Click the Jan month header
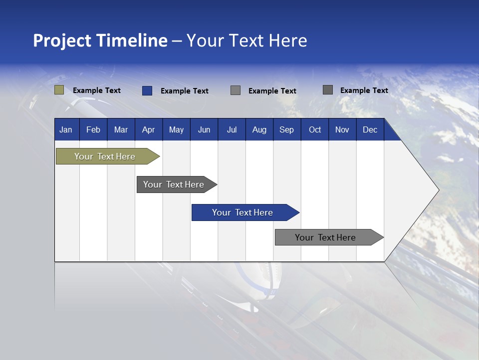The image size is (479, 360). click(x=66, y=130)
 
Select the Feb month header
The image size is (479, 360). click(x=93, y=130)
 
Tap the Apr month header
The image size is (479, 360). click(x=149, y=130)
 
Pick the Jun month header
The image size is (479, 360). click(x=204, y=130)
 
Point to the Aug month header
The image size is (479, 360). click(x=259, y=130)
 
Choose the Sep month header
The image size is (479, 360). click(x=287, y=130)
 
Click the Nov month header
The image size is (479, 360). click(x=342, y=130)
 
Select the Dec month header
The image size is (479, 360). click(x=370, y=130)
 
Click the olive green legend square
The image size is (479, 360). click(x=59, y=90)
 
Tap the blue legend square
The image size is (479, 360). click(x=147, y=90)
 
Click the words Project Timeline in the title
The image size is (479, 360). click(x=100, y=40)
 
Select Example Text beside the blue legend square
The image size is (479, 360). click(x=185, y=91)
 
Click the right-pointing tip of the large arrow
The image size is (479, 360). click(x=437, y=190)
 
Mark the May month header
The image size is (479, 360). click(x=176, y=130)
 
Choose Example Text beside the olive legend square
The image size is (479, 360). click(x=97, y=90)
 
